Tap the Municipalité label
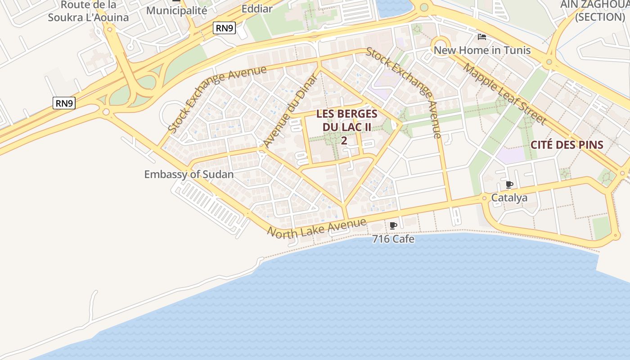coord(176,10)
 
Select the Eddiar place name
coord(257,9)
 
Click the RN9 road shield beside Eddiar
coord(224,28)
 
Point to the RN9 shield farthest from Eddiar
coord(64,103)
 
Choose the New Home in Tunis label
coord(482,50)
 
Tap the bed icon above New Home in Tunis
coord(482,37)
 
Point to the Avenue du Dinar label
coord(290,111)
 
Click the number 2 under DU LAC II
coord(344,140)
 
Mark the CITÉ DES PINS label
coord(567,144)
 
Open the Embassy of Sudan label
coord(189,174)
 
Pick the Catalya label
coord(509,198)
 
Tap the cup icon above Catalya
coord(509,185)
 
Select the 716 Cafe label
coord(393,239)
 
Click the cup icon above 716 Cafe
coord(393,226)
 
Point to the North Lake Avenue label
coord(317,227)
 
